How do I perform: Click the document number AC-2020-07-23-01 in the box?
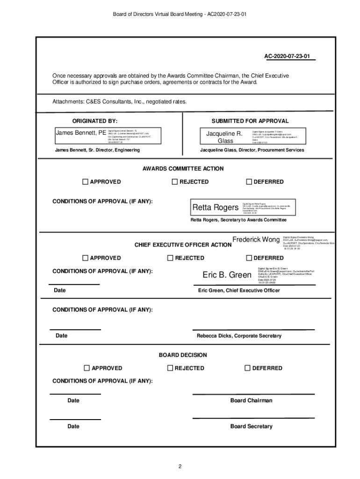tap(287, 57)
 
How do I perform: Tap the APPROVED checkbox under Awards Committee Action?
tap(85, 181)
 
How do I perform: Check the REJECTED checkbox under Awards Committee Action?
tap(175, 181)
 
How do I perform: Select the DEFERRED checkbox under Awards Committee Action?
tap(249, 181)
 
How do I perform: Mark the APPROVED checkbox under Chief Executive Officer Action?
tap(85, 258)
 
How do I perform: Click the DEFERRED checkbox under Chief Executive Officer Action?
tap(249, 258)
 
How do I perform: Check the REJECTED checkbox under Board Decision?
tap(171, 368)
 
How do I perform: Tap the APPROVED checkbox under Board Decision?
tap(86, 368)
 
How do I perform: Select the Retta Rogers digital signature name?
tap(215, 207)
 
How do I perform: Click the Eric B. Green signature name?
tap(227, 275)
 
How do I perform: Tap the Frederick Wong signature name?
tap(256, 239)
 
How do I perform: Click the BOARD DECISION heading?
tap(183, 355)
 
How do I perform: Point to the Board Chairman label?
tap(251, 400)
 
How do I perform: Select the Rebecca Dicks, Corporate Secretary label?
tap(239, 336)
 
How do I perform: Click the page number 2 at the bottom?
tap(179, 466)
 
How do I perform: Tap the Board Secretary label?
tap(251, 426)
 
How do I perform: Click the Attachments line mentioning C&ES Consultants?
tap(120, 102)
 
